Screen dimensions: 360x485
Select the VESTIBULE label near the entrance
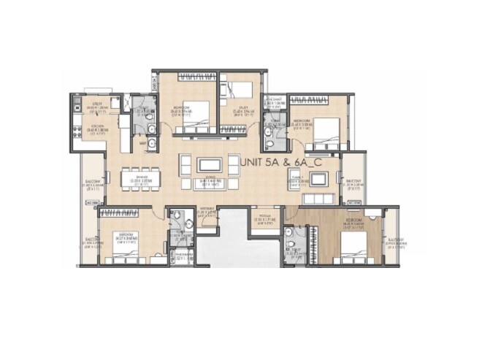click(207, 214)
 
